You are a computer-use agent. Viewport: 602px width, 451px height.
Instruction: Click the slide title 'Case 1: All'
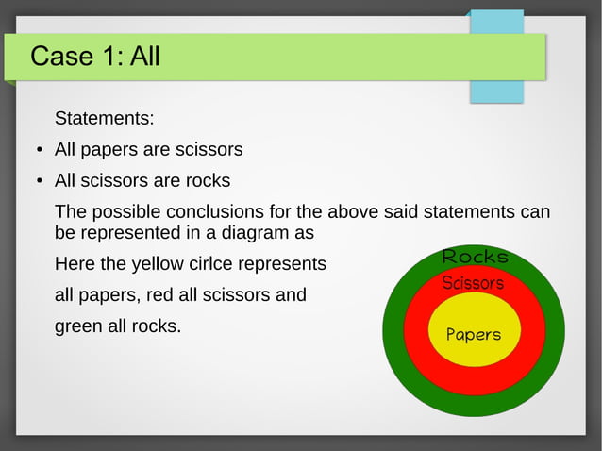pos(94,58)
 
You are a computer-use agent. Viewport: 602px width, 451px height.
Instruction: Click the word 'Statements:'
pos(104,119)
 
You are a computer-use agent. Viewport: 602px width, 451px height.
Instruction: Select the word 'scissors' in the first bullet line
pos(209,150)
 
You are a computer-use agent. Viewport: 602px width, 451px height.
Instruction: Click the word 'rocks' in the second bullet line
pos(209,180)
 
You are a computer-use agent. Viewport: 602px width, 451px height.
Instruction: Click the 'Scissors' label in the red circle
pos(473,283)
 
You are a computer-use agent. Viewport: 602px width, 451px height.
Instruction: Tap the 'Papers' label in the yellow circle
pos(473,335)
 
